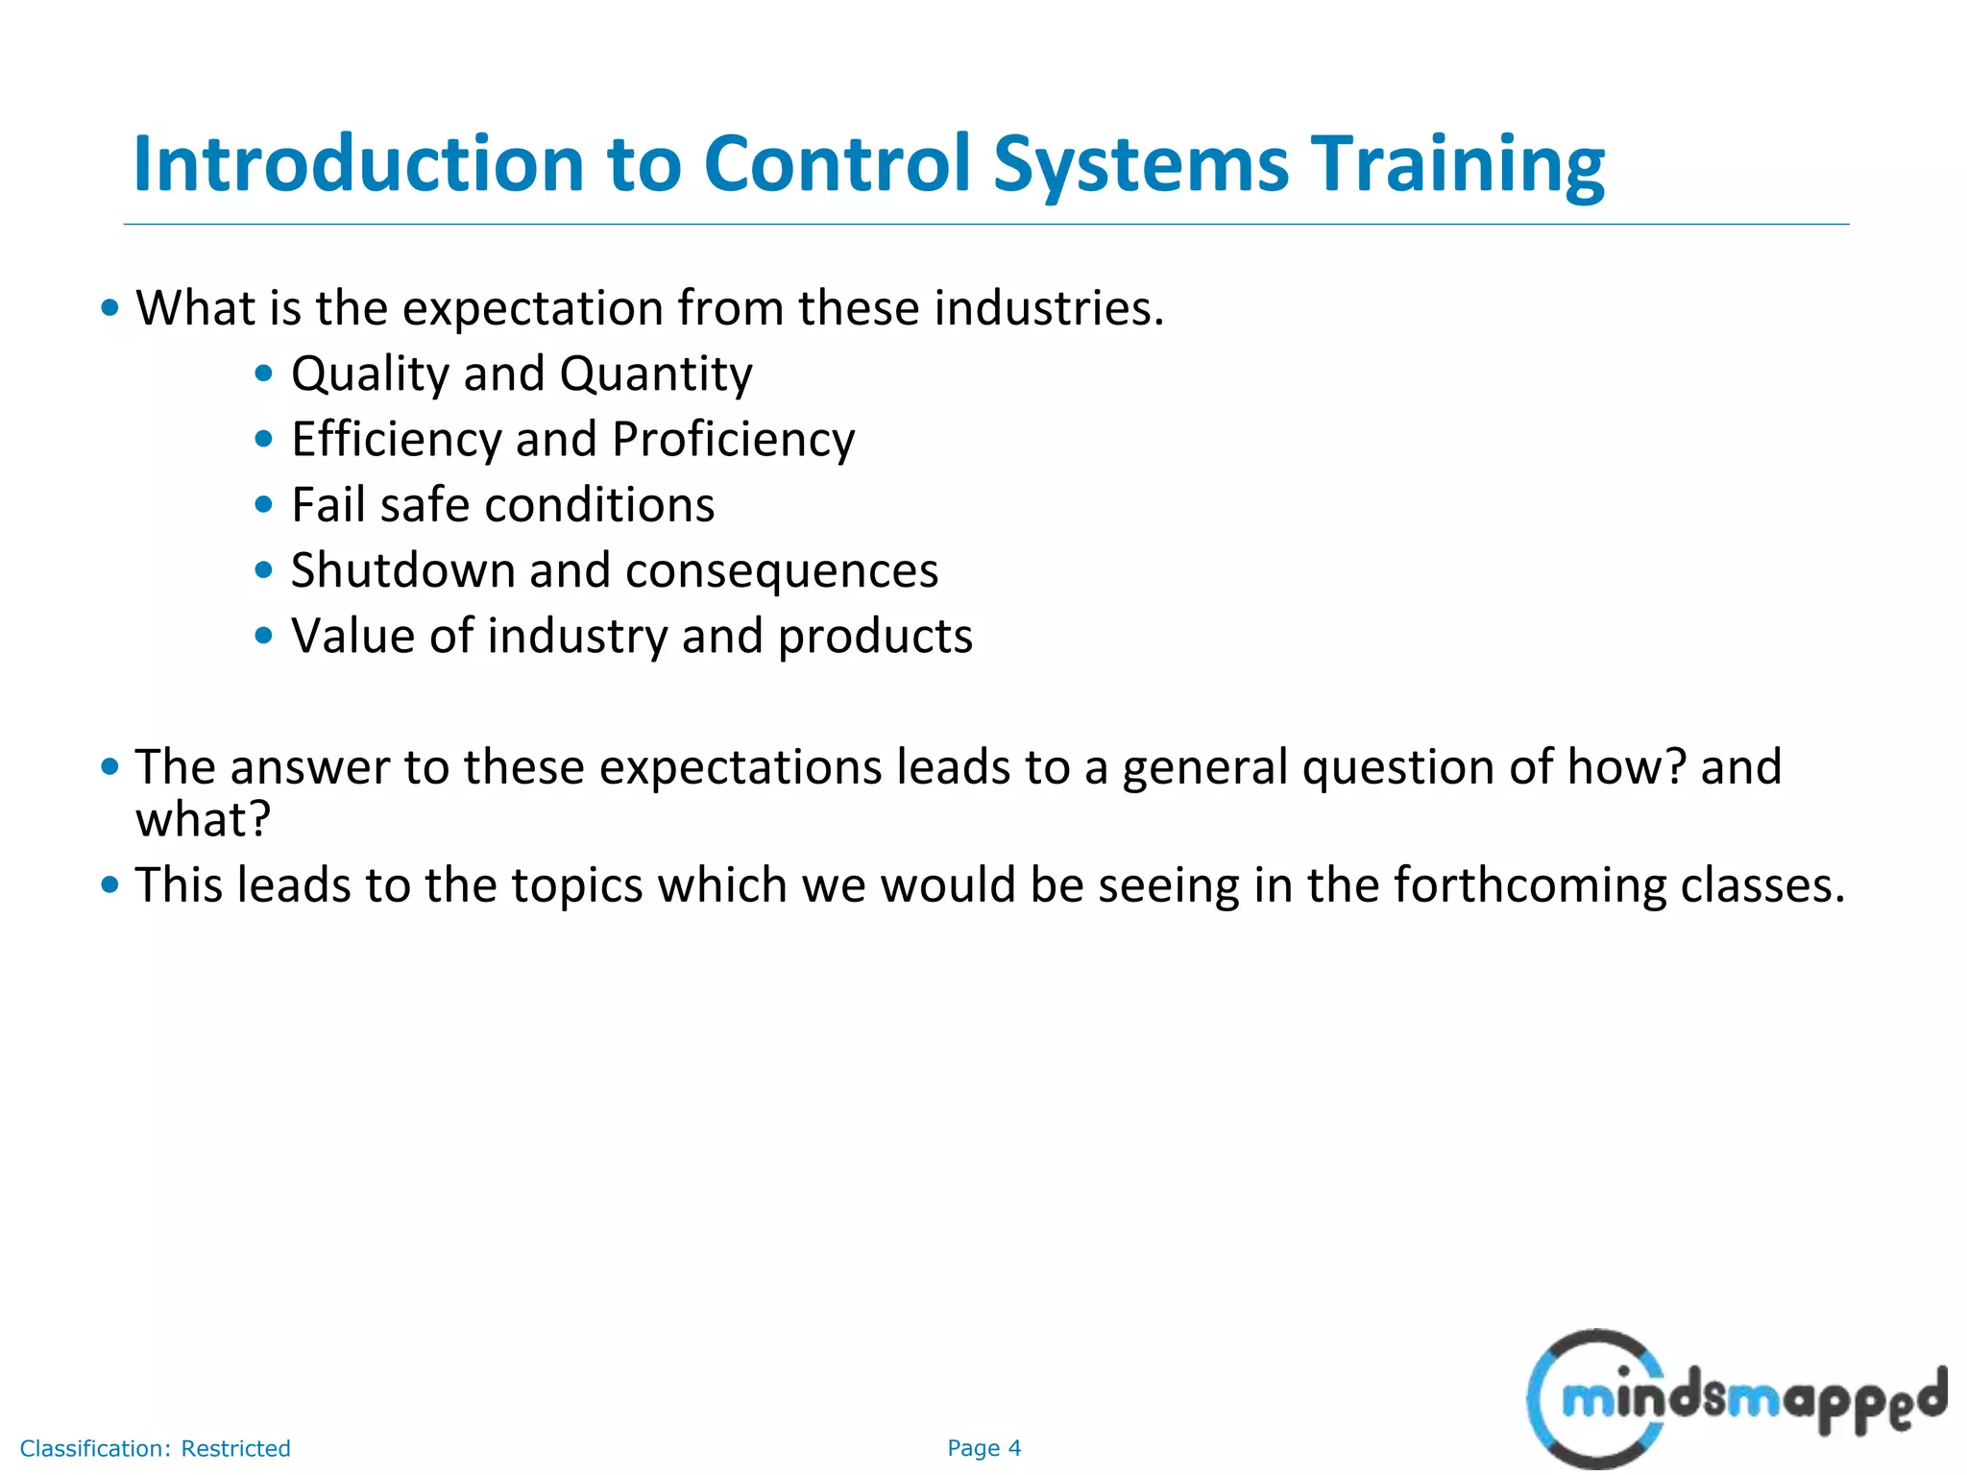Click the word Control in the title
(837, 163)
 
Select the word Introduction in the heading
(358, 163)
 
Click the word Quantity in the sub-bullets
(656, 375)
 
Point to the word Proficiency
(733, 440)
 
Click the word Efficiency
(396, 440)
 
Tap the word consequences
(781, 572)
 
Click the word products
(875, 637)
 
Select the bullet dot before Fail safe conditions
(264, 505)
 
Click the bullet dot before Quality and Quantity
(264, 374)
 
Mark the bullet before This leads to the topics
(109, 884)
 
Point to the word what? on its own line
(203, 820)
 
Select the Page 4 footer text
(983, 1448)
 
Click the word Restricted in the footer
(235, 1448)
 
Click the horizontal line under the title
(985, 225)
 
